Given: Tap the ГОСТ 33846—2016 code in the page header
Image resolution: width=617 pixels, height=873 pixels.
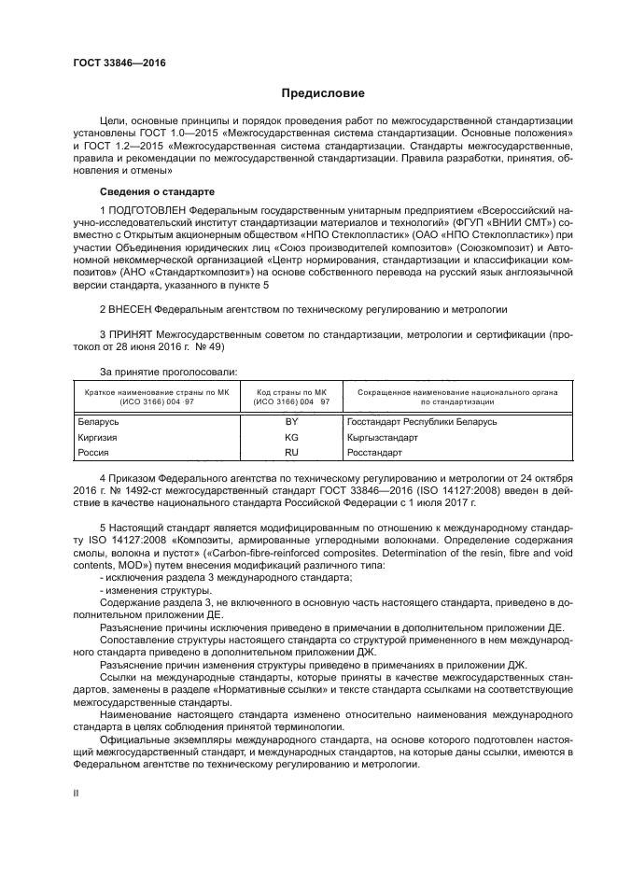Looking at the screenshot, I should coord(112,63).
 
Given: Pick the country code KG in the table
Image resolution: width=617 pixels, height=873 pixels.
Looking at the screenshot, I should coord(291,437).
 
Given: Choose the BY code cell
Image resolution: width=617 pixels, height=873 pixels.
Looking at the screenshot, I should coord(291,422).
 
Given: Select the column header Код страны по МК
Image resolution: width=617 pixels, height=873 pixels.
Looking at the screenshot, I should coord(291,392).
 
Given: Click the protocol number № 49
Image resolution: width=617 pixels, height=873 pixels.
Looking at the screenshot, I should coord(210,346).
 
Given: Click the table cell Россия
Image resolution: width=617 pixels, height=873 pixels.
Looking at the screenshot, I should coord(92,452).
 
